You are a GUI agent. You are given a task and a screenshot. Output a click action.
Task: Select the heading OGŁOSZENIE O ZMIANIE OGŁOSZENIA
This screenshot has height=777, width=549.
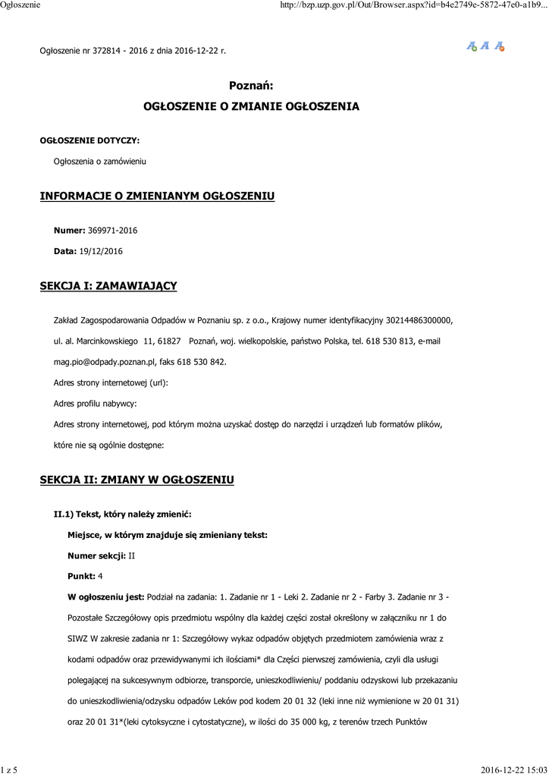click(251, 107)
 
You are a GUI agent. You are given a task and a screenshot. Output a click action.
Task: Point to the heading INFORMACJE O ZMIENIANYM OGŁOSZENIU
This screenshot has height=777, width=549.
click(157, 197)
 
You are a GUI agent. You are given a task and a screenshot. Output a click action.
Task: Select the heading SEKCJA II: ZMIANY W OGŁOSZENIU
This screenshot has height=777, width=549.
click(137, 480)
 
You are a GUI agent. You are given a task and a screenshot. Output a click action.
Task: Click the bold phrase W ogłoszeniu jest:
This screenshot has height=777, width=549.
click(105, 597)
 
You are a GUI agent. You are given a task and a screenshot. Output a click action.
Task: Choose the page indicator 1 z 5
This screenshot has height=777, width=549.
click(10, 770)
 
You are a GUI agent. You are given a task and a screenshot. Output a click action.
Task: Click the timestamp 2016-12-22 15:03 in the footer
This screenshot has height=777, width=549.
click(513, 770)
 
